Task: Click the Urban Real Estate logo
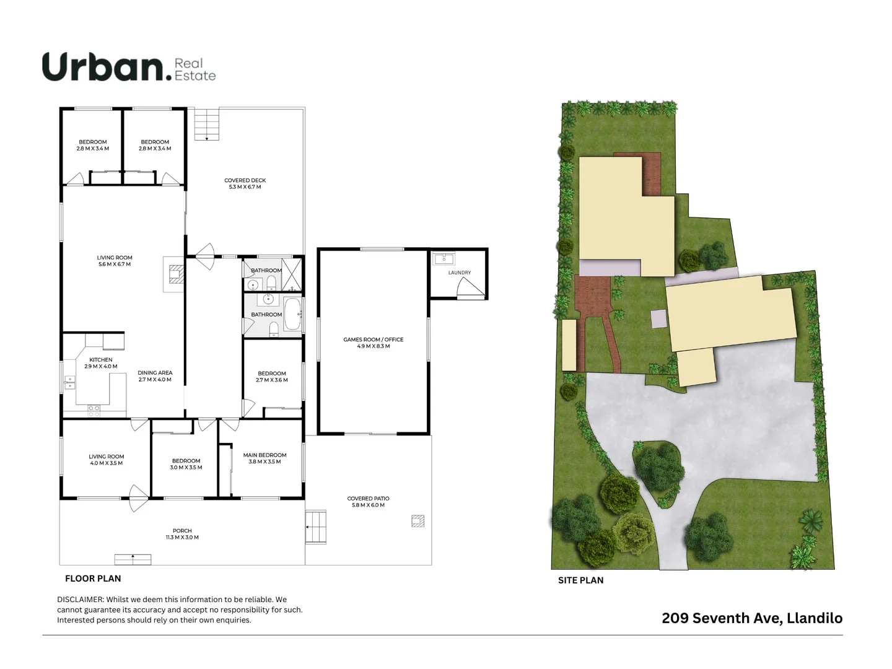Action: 129,67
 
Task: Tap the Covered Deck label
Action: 245,180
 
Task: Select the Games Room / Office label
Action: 373,339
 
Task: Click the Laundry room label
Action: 460,273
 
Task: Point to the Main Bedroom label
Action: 265,455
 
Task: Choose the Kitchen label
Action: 101,360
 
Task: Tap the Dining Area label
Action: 155,373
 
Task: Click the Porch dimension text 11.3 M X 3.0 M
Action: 182,538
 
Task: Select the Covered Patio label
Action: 368,498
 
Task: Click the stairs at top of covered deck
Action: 207,124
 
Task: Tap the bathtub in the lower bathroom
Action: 292,314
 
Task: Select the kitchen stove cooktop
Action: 94,409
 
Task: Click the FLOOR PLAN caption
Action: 93,579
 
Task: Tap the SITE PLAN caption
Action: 580,580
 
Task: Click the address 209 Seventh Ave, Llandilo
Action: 752,618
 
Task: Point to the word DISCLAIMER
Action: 80,600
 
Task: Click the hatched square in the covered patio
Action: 418,521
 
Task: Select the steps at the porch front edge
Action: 133,559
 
